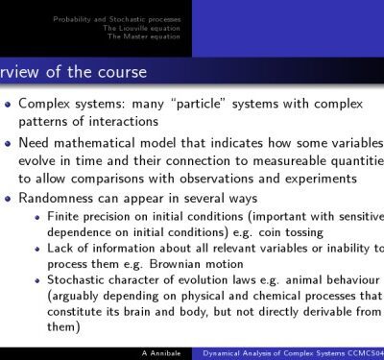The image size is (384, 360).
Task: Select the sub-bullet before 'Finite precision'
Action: pyautogui.click(x=36, y=219)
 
